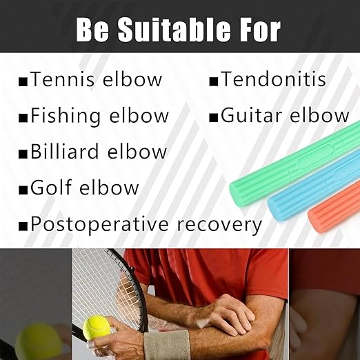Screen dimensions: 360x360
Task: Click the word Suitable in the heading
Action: pyautogui.click(x=172, y=30)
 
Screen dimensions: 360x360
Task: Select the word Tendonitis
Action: pyautogui.click(x=273, y=80)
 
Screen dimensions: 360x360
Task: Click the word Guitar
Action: pyautogui.click(x=251, y=116)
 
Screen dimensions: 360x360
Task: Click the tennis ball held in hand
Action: pyautogui.click(x=97, y=327)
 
